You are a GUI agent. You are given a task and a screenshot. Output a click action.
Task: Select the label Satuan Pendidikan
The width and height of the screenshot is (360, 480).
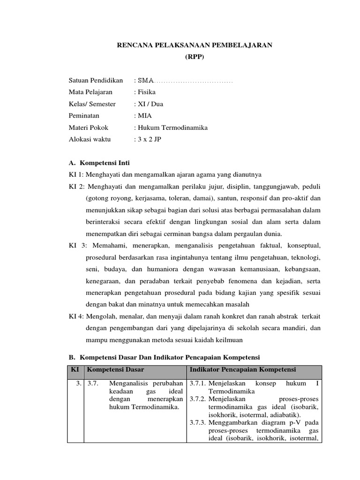point(96,81)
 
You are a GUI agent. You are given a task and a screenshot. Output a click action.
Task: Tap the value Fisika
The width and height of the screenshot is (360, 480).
point(146,92)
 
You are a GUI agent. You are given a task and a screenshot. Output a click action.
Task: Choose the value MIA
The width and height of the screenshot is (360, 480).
point(144,116)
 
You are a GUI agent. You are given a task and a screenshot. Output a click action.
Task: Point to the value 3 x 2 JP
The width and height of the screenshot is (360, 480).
point(149,139)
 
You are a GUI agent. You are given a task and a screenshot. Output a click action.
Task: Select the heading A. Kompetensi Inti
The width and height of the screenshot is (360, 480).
point(99,163)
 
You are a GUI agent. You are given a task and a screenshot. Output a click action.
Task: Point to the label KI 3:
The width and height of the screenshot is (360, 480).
point(77,246)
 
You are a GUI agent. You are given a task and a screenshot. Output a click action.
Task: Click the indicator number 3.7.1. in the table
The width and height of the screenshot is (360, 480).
point(198,384)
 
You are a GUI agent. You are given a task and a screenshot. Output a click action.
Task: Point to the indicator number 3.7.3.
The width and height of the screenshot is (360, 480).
point(198,423)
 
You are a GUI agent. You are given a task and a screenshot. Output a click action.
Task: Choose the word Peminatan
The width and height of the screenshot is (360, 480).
point(84,116)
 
